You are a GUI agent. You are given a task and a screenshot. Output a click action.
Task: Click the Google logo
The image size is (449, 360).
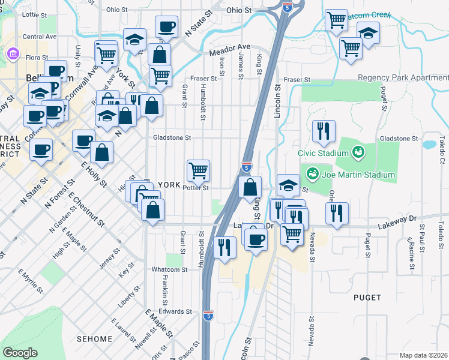point(20,353)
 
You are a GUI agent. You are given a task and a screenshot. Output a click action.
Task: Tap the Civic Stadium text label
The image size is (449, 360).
point(324,153)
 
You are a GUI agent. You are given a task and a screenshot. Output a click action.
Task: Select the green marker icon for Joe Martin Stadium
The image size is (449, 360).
point(312,175)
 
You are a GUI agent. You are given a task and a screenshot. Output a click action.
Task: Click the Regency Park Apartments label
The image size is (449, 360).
point(403,78)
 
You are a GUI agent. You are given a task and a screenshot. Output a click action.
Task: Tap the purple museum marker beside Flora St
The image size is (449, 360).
point(13,56)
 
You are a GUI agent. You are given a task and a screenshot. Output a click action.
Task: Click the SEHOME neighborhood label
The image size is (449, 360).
point(95,339)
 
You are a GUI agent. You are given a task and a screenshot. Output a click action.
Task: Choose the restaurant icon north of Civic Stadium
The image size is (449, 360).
point(324,131)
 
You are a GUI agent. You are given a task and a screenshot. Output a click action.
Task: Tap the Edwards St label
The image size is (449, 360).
point(175,311)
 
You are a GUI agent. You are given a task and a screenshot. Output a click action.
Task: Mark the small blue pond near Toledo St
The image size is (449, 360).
point(429,145)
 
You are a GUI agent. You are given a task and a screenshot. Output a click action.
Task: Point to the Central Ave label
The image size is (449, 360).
point(39,37)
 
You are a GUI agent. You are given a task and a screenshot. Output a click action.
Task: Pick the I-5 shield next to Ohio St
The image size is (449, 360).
point(288,8)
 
